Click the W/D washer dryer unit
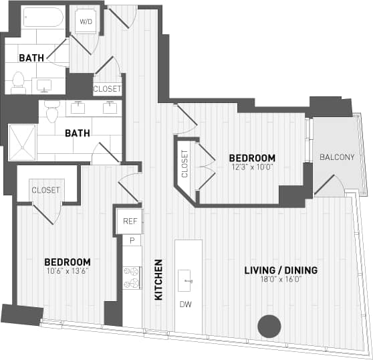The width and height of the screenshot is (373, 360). (x=86, y=21)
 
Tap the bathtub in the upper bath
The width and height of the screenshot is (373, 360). (x=42, y=17)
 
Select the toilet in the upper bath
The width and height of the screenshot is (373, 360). (x=19, y=82)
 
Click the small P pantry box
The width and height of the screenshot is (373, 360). (x=132, y=240)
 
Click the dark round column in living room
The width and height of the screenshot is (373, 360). (x=269, y=326)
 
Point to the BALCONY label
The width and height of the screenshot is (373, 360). (x=336, y=157)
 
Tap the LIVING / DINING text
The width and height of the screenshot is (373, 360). (x=281, y=270)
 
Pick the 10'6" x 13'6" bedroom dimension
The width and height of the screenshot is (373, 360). (x=67, y=271)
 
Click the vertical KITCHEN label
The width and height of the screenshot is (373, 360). (x=159, y=280)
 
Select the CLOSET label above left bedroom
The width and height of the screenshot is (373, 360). (x=45, y=190)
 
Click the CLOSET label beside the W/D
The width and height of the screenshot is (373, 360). (x=107, y=88)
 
